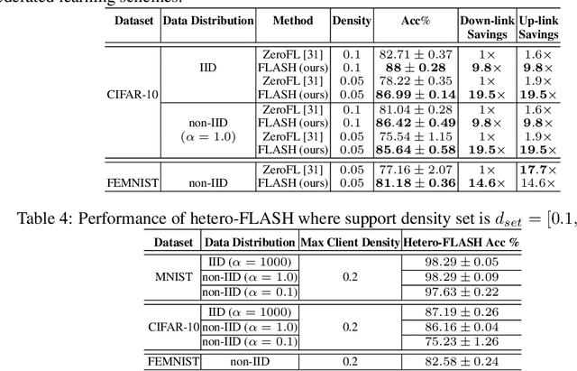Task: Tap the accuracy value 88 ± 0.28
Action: [415, 68]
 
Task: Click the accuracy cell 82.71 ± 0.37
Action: [415, 55]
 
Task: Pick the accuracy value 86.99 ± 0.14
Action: [415, 93]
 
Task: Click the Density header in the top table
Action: [351, 19]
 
